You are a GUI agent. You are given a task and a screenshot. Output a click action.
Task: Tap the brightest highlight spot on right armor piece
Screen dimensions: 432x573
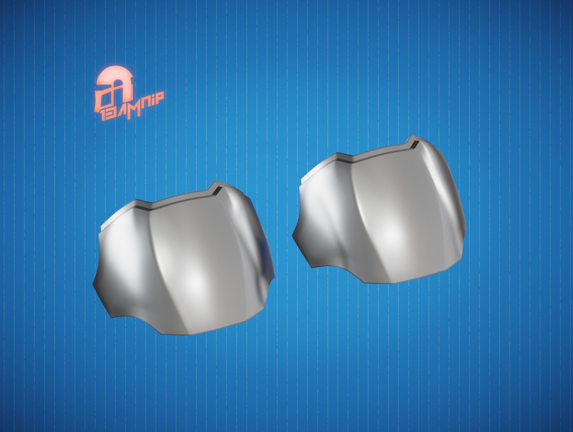[x=393, y=234]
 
